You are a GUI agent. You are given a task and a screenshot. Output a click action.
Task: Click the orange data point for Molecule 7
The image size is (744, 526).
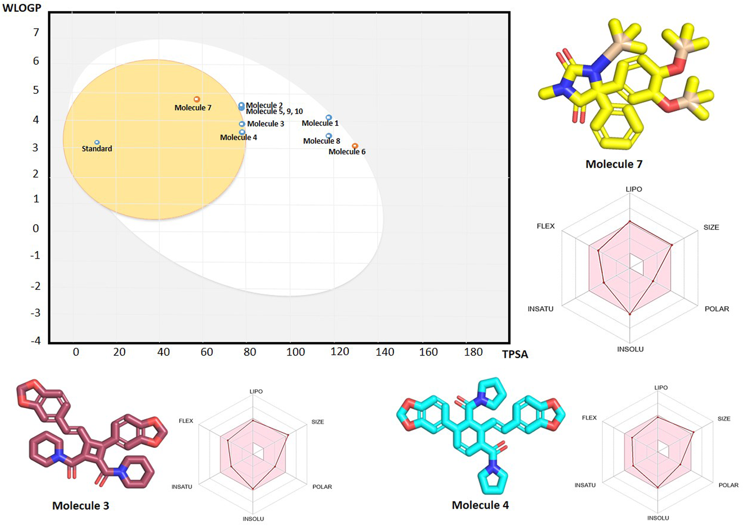pos(197,99)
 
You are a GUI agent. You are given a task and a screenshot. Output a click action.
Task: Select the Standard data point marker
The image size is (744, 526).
pos(97,142)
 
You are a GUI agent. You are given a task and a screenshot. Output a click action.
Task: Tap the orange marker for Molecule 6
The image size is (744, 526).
pos(355,146)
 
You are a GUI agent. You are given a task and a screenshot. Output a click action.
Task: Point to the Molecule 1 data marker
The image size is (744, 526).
pos(329,117)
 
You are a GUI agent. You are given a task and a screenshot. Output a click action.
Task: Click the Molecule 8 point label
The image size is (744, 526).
pos(321,141)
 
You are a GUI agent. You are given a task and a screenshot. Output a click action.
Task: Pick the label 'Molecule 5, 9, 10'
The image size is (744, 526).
pos(275,111)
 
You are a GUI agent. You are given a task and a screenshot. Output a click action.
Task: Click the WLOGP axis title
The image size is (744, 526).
pos(22,8)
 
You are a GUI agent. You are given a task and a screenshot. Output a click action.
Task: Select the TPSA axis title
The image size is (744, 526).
pos(515,354)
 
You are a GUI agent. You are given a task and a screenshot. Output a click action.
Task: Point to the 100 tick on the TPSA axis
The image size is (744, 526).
pos(295,352)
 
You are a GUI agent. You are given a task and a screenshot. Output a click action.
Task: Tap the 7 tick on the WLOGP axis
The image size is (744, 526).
pos(36,32)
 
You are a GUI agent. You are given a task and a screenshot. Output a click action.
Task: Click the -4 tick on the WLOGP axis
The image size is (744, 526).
pos(36,341)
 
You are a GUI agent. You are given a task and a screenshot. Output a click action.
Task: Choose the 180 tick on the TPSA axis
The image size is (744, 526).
pos(473,352)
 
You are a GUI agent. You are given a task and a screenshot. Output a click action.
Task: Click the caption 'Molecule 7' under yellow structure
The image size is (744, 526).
pos(614,164)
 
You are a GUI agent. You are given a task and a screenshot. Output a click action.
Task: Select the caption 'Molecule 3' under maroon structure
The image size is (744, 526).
pos(80,506)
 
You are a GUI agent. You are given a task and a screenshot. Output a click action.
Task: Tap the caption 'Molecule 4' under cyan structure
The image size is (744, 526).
pos(480,505)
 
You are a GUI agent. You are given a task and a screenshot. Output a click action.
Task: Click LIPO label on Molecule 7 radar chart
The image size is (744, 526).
pos(634,189)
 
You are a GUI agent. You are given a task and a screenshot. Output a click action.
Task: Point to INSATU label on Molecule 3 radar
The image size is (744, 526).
pos(182,486)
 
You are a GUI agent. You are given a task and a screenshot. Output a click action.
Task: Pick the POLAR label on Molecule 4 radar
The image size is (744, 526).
pos(728,485)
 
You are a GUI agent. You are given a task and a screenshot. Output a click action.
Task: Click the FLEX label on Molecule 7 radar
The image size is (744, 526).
pos(546,226)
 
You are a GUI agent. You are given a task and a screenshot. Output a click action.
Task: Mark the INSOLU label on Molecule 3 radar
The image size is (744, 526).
pos(253,519)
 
